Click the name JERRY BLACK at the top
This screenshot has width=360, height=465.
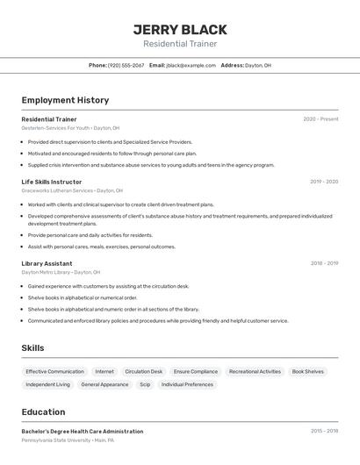click(x=180, y=29)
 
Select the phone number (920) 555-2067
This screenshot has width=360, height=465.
click(x=126, y=65)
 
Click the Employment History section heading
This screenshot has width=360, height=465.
click(x=65, y=100)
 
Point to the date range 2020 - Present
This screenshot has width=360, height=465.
click(x=320, y=119)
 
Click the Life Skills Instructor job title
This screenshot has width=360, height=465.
click(x=52, y=182)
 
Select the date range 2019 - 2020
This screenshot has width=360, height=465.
click(x=324, y=182)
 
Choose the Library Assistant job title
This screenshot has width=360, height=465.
click(x=47, y=263)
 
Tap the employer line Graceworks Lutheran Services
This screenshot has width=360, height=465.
click(x=72, y=190)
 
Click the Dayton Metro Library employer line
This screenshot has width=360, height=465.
click(x=61, y=272)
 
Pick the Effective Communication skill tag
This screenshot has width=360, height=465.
click(x=54, y=371)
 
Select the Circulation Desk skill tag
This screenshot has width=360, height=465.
click(x=143, y=371)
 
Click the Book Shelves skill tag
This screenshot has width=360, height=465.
click(x=307, y=371)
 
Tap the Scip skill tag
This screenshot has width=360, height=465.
click(x=145, y=384)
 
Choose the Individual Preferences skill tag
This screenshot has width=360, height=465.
click(x=187, y=384)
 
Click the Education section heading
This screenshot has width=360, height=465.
click(x=43, y=411)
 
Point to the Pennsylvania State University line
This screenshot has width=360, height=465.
click(x=68, y=440)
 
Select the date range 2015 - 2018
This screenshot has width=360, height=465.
click(x=324, y=432)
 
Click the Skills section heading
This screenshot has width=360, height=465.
click(x=32, y=348)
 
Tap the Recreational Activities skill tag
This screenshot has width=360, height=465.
click(x=255, y=371)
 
